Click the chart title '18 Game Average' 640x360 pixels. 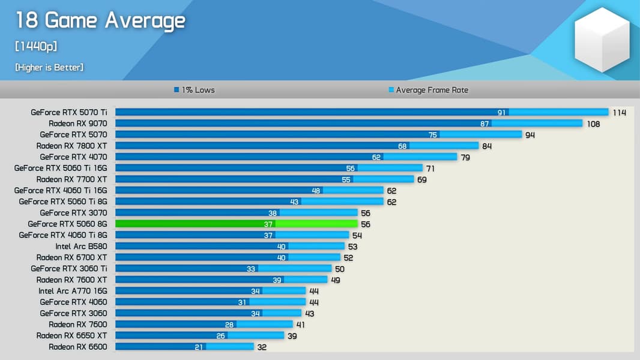100,21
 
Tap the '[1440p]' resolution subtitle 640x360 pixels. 37,47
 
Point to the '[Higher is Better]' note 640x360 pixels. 49,68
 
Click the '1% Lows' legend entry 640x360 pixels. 195,90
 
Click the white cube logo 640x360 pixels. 602,40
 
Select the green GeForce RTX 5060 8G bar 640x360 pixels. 240,224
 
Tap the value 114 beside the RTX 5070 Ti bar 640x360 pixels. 619,112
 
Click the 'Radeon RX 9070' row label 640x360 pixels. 78,124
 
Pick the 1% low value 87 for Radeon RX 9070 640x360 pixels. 485,124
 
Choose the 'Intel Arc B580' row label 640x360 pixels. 81,246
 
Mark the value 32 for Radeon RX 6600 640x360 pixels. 262,347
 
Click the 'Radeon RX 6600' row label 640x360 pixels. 78,347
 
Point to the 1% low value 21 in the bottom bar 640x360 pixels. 199,347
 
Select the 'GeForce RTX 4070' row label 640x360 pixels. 73,157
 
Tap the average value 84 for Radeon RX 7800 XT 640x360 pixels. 487,146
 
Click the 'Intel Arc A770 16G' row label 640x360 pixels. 73,291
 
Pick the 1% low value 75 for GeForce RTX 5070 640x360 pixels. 433,135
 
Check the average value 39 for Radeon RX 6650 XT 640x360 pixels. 292,336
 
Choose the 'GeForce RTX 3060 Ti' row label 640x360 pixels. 69,268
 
